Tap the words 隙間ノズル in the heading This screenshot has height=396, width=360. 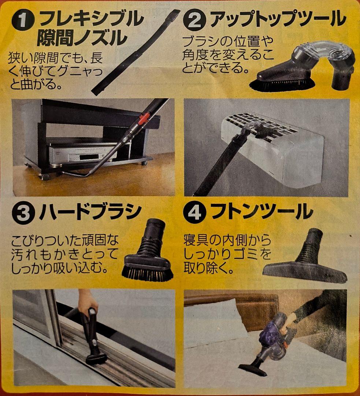pyautogui.click(x=82, y=37)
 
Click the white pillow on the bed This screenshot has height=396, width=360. pyautogui.click(x=212, y=319)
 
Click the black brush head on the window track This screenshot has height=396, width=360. pyautogui.click(x=96, y=357)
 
